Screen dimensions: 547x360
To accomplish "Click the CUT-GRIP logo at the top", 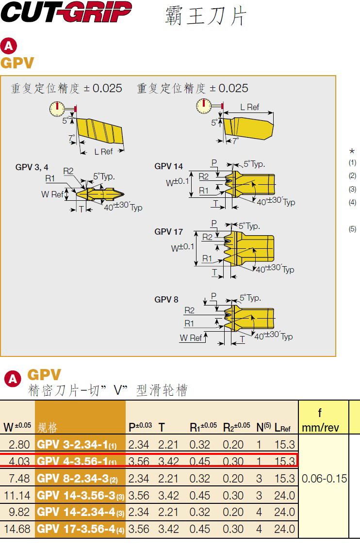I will pos(66,13).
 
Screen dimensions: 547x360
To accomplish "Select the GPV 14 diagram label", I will pos(169,166).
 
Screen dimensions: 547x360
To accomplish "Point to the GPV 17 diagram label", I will pos(169,232).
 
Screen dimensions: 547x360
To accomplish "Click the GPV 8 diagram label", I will pos(166,300).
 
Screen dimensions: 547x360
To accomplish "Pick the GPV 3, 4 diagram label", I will pos(32,167).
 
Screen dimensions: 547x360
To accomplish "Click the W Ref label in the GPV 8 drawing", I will pos(191,338).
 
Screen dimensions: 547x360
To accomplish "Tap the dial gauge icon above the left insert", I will pos(58,109).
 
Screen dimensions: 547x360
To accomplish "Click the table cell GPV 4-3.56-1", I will pos(77,461).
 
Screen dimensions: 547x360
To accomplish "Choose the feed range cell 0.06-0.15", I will pos(324,479).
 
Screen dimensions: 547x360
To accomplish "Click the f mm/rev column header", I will pos(320,420).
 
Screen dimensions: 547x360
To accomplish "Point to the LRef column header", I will pos(282,427).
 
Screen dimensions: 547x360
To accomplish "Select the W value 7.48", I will pos(20,479).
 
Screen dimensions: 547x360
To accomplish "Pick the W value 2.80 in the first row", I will pos(20,444).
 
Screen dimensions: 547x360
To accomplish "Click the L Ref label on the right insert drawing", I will pos(250,107).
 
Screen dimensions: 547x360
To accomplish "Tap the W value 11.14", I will pos(17,496).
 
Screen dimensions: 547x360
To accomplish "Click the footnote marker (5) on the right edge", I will pos(352,229).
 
